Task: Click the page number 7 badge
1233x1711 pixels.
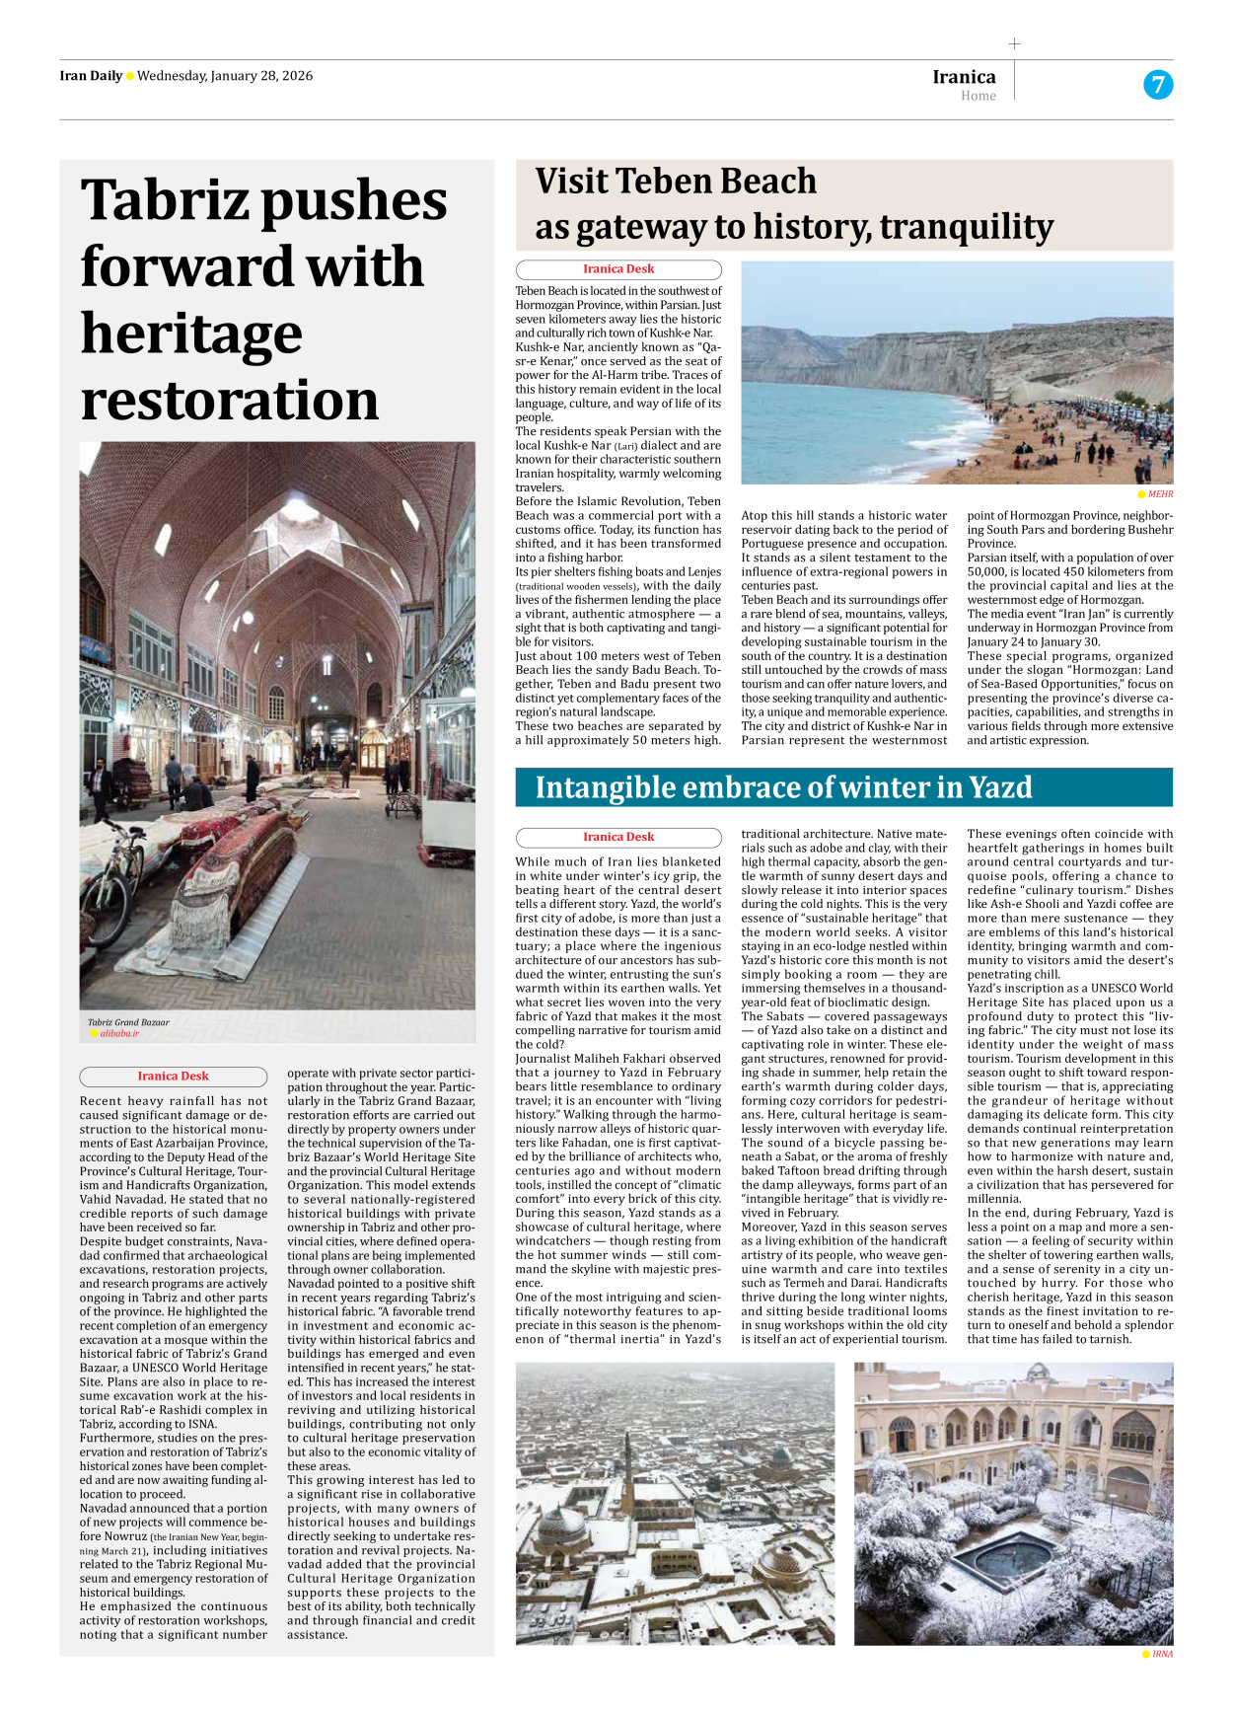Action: point(1157,85)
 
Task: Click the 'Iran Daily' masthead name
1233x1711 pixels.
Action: point(91,76)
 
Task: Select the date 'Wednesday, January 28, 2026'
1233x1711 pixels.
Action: point(225,76)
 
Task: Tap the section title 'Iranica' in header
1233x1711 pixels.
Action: point(964,77)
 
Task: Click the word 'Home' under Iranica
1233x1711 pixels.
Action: point(978,96)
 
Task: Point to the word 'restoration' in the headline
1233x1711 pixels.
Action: point(230,401)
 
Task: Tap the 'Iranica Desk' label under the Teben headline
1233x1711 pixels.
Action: point(618,269)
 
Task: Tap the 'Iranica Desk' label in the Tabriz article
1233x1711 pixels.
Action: point(174,1077)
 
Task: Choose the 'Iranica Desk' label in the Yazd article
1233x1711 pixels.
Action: point(618,837)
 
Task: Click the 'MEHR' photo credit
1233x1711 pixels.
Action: point(1160,494)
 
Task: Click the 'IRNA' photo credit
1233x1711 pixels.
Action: point(1162,1654)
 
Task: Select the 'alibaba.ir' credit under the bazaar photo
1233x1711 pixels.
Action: point(118,1034)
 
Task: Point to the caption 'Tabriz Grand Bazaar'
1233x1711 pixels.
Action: point(128,1022)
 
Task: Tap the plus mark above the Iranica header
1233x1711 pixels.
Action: point(1014,43)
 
